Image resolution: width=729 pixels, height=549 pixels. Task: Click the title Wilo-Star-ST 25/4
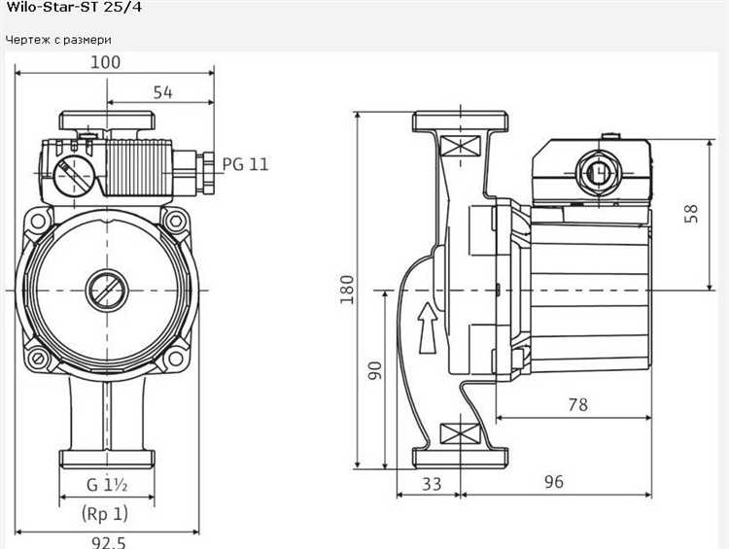click(x=74, y=7)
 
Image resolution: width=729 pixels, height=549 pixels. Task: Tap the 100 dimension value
click(x=105, y=62)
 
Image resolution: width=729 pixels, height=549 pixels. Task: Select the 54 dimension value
click(x=162, y=92)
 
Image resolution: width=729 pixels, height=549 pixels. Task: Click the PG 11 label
click(x=246, y=164)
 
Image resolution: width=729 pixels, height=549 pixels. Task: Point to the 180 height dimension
click(x=347, y=290)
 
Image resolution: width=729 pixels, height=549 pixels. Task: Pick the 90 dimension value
click(x=375, y=370)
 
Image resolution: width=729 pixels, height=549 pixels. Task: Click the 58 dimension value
click(x=692, y=214)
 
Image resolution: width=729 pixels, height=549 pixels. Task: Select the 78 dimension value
click(x=578, y=405)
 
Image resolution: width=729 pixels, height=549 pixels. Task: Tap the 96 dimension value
click(x=554, y=482)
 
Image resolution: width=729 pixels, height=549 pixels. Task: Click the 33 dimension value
click(x=432, y=485)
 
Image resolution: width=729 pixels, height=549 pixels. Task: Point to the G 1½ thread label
click(x=107, y=485)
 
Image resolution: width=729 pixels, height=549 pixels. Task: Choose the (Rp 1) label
click(x=105, y=514)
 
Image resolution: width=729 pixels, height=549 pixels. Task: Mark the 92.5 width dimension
click(x=108, y=542)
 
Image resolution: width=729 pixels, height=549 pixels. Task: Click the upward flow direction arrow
click(x=428, y=328)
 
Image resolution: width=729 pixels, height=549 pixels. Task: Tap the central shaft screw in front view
click(x=107, y=291)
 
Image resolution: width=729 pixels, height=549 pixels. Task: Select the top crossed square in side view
click(x=460, y=145)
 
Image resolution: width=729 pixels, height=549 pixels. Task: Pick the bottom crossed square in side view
click(x=460, y=433)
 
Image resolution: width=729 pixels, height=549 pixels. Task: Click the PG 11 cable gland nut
click(x=205, y=172)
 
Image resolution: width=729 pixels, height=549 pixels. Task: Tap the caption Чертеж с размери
click(x=58, y=40)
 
